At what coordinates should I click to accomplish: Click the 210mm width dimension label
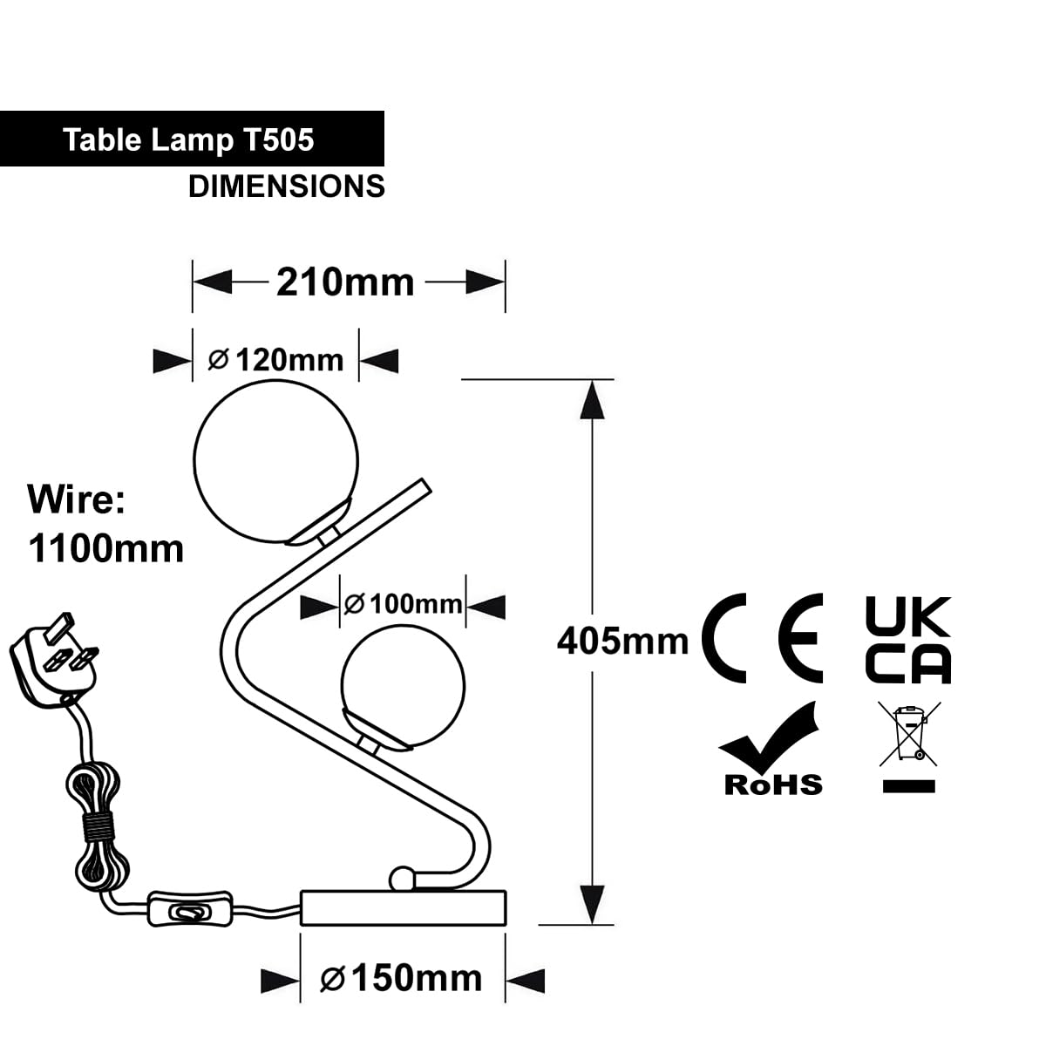(345, 282)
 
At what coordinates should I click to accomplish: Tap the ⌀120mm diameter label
(275, 360)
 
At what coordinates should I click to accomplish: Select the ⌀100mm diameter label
(402, 604)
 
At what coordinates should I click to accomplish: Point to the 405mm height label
(622, 641)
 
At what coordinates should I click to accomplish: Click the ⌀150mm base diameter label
(401, 979)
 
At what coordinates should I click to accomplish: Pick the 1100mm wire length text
(105, 549)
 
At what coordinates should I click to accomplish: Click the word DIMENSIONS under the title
(287, 187)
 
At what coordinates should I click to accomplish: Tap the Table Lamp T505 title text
(188, 140)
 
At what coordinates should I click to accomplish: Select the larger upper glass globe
(275, 461)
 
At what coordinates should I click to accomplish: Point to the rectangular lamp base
(403, 907)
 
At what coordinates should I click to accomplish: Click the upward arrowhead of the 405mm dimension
(592, 399)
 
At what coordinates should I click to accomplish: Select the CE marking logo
(762, 638)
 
